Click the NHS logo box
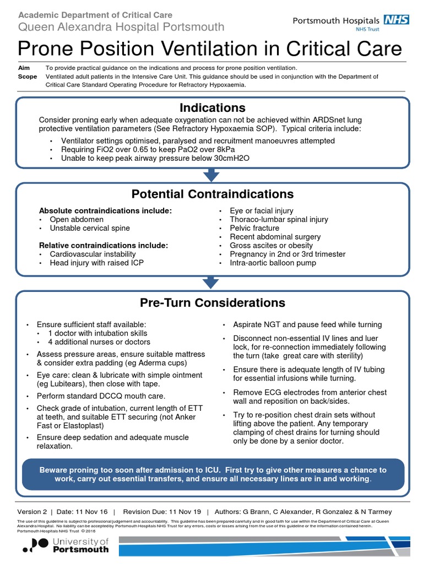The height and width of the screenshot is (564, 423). tap(397, 20)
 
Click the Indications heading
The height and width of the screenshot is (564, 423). tap(212, 107)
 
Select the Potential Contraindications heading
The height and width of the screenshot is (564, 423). tap(212, 194)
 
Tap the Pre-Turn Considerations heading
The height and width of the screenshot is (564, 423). tap(212, 302)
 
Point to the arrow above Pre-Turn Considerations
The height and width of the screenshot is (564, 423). tap(211, 283)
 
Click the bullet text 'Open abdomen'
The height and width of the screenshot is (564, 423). tap(77, 219)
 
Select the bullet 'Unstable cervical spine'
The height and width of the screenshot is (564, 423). tap(90, 228)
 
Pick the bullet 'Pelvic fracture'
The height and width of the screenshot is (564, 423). tap(254, 228)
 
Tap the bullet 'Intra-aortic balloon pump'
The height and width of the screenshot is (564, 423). tap(273, 263)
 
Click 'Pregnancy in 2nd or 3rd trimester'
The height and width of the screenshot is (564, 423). tap(288, 254)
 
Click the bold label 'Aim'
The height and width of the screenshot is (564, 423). tap(24, 68)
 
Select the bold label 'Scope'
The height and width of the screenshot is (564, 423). tap(27, 77)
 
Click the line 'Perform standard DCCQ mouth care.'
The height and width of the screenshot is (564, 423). tap(101, 396)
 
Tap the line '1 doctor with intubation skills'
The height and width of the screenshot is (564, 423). tap(97, 333)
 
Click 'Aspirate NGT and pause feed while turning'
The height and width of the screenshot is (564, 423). tap(307, 324)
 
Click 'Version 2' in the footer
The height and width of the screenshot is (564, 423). tap(32, 512)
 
